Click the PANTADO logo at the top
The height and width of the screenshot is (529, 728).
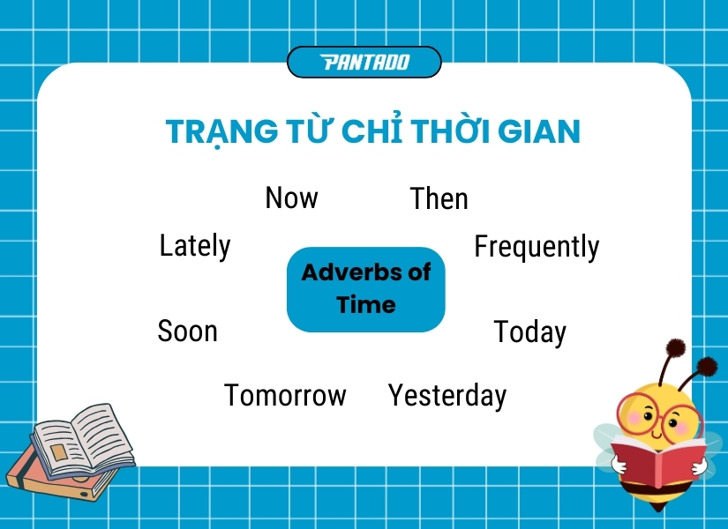(364, 62)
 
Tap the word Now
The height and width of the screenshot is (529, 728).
(291, 197)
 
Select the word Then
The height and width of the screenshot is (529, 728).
(439, 198)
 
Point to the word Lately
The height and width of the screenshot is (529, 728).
(195, 245)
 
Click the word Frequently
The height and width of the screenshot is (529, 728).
(537, 247)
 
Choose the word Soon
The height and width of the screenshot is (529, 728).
(187, 331)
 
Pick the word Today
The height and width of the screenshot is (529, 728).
(529, 332)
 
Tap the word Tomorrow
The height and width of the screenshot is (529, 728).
(285, 395)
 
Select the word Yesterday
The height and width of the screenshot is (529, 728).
(447, 396)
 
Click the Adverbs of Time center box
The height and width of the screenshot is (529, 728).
(365, 289)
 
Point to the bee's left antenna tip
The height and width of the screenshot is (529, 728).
(676, 346)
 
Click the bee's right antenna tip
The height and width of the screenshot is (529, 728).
(707, 366)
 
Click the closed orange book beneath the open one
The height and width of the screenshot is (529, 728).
(53, 481)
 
